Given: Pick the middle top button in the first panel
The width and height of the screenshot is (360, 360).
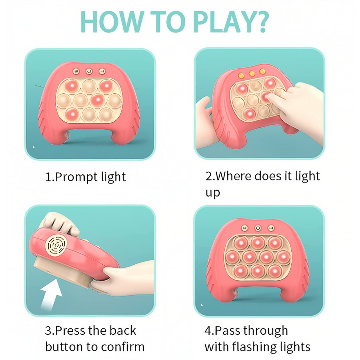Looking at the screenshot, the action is coord(89,71).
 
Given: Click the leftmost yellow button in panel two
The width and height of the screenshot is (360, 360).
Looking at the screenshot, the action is coord(241,76).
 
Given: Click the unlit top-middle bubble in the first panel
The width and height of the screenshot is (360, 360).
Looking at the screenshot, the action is coord(89,86).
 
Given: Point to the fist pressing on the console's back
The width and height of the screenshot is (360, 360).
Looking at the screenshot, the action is coord(60,224).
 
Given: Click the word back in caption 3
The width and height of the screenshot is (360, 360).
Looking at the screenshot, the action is coord(123,331).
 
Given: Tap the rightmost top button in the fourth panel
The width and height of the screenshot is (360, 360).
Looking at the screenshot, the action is coord(271,228).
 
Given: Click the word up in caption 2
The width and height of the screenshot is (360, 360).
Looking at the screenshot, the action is coord(213,193).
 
